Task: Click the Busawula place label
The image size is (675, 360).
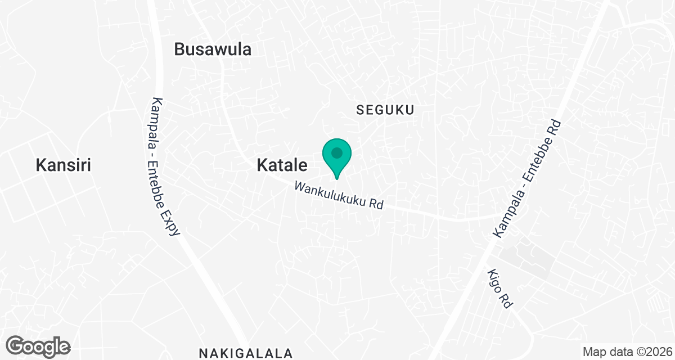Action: pos(213,49)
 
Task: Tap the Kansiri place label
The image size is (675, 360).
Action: pos(63,165)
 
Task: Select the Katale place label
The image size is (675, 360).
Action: pos(282,165)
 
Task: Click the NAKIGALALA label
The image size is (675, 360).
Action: pos(246,353)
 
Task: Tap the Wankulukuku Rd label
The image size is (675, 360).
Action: pos(339,195)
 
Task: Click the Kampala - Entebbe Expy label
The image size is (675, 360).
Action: pos(165,166)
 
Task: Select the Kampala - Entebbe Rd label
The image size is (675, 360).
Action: pos(528,178)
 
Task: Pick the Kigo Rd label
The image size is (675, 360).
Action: pos(499,287)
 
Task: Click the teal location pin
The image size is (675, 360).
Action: pos(337,158)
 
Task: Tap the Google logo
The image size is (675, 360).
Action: pos(39,346)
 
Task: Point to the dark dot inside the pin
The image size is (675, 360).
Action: pos(337,152)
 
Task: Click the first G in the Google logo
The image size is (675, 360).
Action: pos(17,345)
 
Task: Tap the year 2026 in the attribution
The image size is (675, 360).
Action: pos(658,352)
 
